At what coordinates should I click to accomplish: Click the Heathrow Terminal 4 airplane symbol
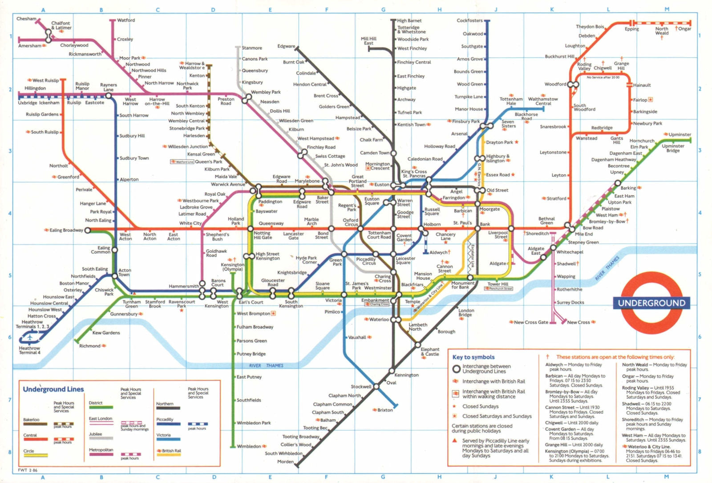coord(30,337)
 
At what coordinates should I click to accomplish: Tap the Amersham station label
coord(29,46)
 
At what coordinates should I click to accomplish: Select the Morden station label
coord(285,462)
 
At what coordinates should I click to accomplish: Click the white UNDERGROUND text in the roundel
coord(651,303)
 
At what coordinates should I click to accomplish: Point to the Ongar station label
coord(684,28)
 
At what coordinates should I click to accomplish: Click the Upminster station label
coord(680,134)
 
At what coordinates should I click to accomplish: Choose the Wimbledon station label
coord(249,446)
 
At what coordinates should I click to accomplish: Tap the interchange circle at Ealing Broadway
coord(88,230)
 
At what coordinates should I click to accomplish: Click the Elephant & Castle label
coord(430,352)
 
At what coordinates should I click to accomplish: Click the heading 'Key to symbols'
coord(473,357)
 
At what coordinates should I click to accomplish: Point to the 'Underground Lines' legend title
coord(53,390)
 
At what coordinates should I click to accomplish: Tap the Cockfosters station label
coord(469,20)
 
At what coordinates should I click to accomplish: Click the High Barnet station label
coord(409,20)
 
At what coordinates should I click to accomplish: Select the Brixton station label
coord(385,410)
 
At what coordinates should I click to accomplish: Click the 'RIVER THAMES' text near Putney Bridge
coord(266,365)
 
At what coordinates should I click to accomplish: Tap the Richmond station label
coord(90,346)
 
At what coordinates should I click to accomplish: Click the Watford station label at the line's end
coord(126,20)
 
